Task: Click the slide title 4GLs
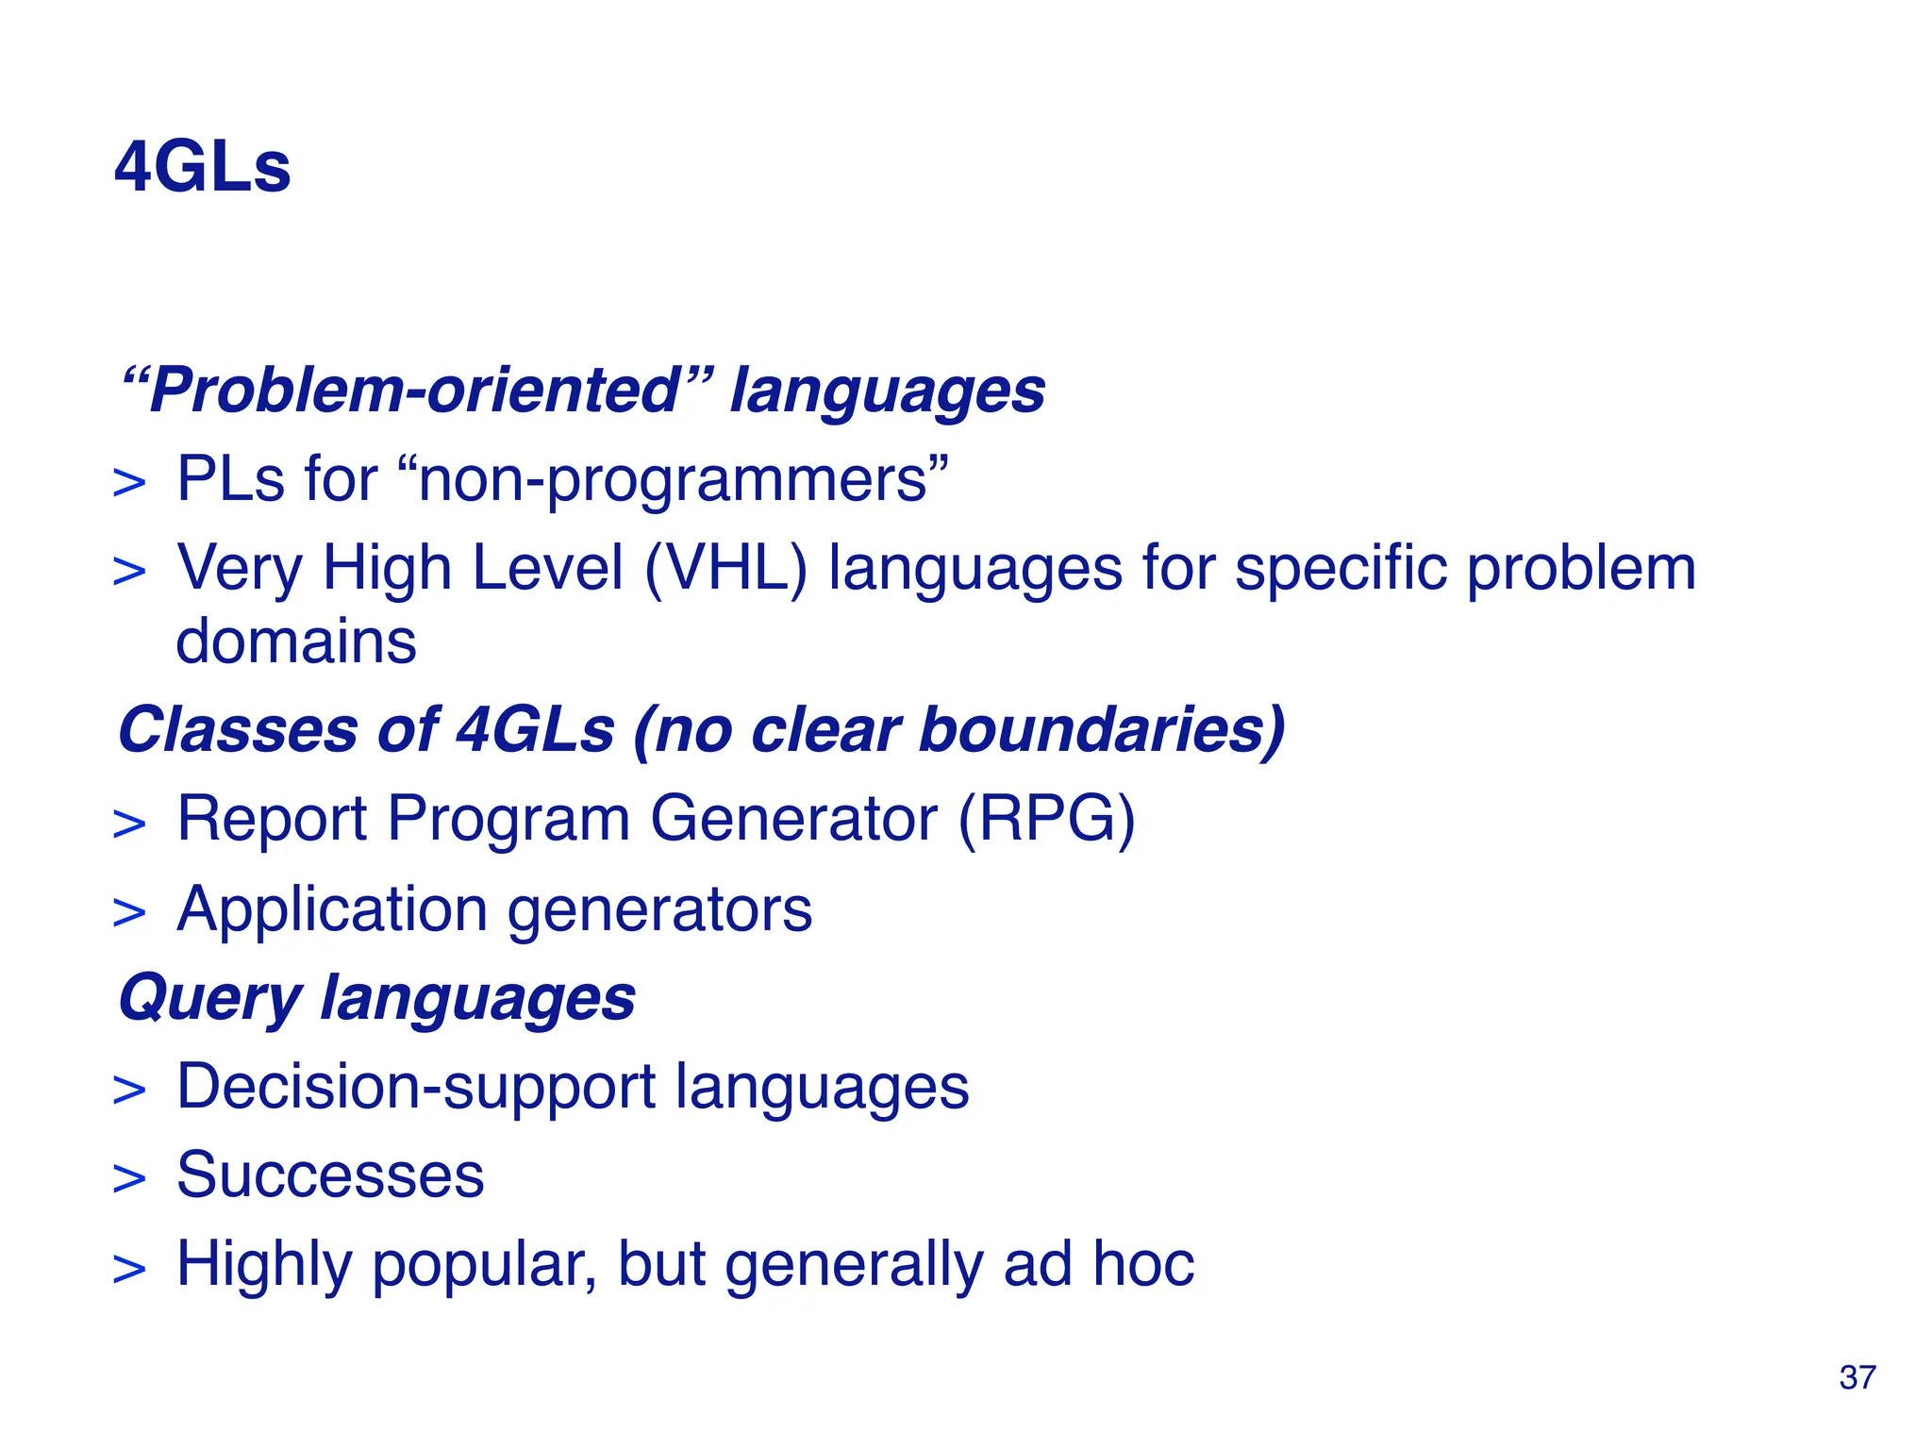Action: (202, 168)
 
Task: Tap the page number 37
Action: (1857, 1377)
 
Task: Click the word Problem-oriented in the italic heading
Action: (415, 390)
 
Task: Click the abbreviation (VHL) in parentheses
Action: (725, 569)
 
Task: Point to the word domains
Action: (296, 641)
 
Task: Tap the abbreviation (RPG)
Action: (1047, 818)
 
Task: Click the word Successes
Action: (330, 1175)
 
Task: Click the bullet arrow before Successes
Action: (129, 1179)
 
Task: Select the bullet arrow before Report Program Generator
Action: (129, 823)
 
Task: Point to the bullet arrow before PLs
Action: (129, 484)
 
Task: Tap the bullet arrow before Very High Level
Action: (129, 573)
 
